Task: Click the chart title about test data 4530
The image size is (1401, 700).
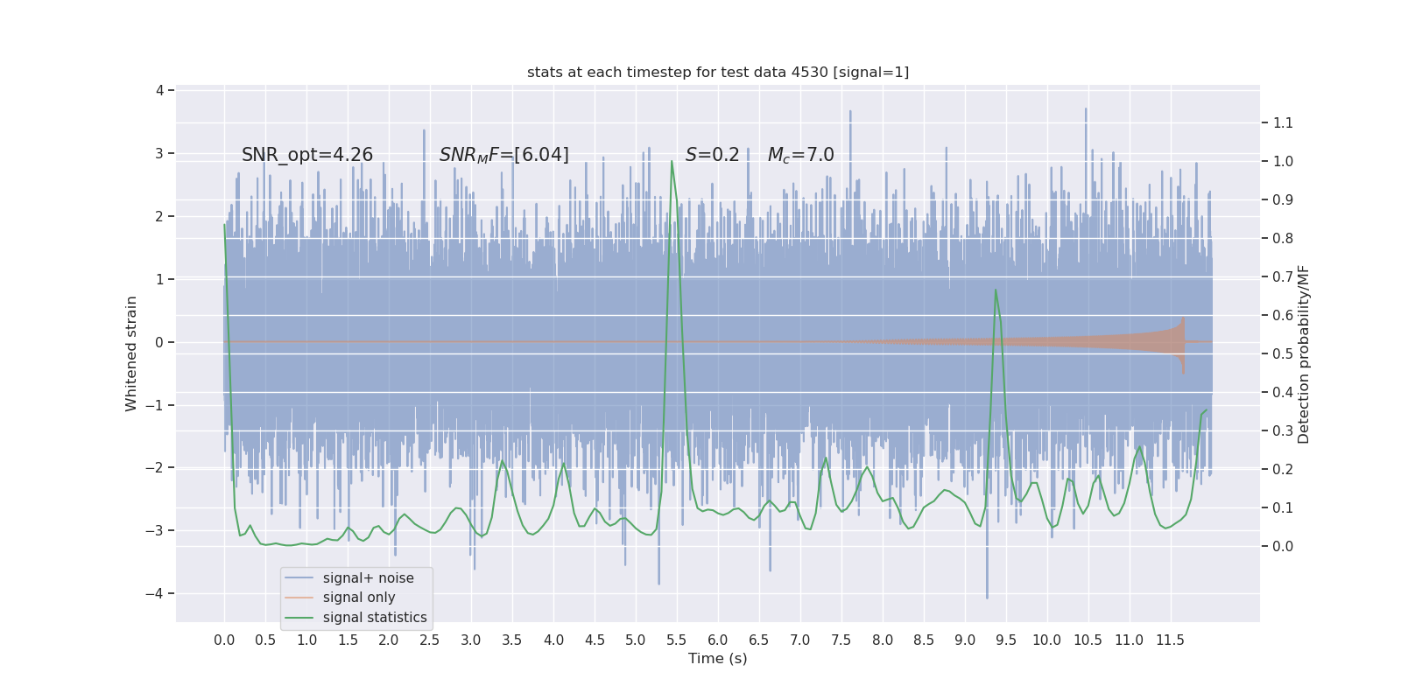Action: (718, 72)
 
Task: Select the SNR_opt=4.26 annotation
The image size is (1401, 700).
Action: (307, 155)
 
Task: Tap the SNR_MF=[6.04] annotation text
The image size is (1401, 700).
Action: (503, 155)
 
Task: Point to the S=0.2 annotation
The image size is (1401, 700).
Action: (712, 155)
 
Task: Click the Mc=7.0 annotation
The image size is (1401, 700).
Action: (800, 155)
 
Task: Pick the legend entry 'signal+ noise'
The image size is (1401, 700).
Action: (368, 578)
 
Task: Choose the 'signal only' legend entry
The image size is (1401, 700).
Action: (358, 598)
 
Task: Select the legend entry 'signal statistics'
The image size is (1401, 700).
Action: (374, 618)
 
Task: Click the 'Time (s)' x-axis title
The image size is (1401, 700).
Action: (717, 658)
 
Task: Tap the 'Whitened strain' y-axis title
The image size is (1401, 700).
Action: (131, 353)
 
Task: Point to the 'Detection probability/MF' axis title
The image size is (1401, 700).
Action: (1304, 353)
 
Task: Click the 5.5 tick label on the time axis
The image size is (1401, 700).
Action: (677, 640)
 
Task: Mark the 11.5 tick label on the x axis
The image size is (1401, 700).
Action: (1170, 640)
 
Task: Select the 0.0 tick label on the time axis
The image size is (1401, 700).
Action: (224, 640)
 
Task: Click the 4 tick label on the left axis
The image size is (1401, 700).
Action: (159, 90)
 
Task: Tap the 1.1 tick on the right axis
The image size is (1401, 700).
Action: (1283, 122)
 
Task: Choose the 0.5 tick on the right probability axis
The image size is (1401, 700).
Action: (1283, 353)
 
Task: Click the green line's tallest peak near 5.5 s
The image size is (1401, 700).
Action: (672, 161)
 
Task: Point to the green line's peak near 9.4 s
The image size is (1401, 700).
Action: (996, 290)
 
